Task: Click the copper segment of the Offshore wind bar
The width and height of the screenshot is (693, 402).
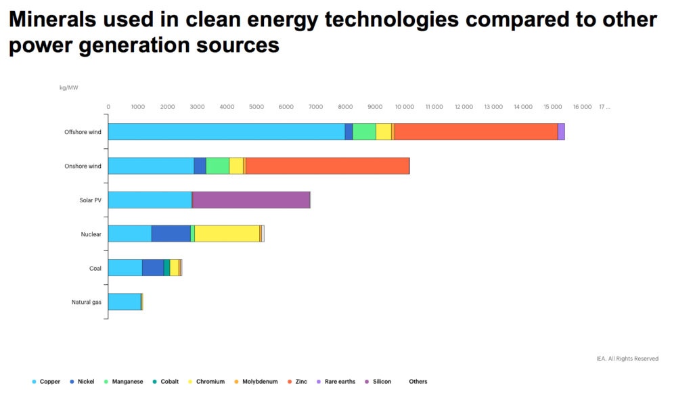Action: pyautogui.click(x=226, y=132)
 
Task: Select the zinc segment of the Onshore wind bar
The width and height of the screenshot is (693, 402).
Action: pyautogui.click(x=328, y=166)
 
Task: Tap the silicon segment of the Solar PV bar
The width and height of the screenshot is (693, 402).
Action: pyautogui.click(x=251, y=200)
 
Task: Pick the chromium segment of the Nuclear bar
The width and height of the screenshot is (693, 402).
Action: pyautogui.click(x=227, y=233)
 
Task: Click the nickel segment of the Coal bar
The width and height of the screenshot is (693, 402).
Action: pyautogui.click(x=153, y=267)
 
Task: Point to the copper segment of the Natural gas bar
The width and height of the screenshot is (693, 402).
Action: pyautogui.click(x=125, y=302)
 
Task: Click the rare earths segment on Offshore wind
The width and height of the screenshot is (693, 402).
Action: pyautogui.click(x=561, y=132)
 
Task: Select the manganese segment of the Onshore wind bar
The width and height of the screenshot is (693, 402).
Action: pyautogui.click(x=217, y=166)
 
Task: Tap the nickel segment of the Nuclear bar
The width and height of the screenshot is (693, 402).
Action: pyautogui.click(x=171, y=233)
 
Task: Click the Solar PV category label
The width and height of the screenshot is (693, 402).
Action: pyautogui.click(x=90, y=200)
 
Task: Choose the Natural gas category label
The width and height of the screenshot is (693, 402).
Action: pyautogui.click(x=87, y=302)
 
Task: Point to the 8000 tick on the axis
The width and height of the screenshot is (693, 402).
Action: pyautogui.click(x=345, y=107)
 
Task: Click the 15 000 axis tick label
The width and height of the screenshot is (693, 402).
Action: pyautogui.click(x=553, y=107)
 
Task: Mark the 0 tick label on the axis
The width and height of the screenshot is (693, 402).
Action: pyautogui.click(x=108, y=107)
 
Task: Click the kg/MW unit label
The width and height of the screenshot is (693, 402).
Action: pyautogui.click(x=68, y=87)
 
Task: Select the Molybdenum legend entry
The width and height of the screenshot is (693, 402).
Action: pyautogui.click(x=256, y=382)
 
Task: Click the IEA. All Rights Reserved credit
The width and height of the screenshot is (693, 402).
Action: pyautogui.click(x=626, y=359)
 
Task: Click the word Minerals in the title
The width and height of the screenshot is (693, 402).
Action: pyautogui.click(x=53, y=20)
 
